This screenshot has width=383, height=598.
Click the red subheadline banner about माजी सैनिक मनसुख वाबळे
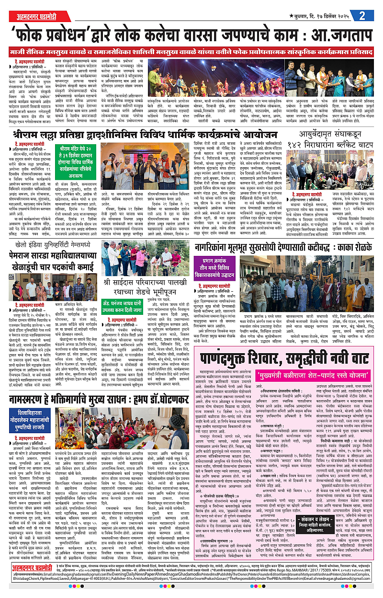(191, 51)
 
